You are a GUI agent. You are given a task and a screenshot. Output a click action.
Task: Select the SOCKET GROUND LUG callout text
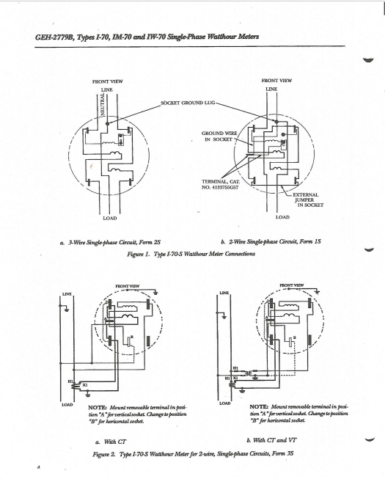pyautogui.click(x=192, y=103)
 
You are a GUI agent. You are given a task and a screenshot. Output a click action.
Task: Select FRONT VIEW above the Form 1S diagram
pyautogui.click(x=276, y=80)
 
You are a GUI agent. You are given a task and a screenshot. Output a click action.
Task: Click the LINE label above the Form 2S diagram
pyautogui.click(x=106, y=89)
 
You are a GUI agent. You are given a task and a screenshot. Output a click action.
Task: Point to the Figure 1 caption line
pyautogui.click(x=192, y=253)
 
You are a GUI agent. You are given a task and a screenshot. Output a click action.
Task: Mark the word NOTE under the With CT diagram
pyautogui.click(x=100, y=406)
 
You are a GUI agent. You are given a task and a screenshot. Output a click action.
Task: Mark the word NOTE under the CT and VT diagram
pyautogui.click(x=263, y=406)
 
